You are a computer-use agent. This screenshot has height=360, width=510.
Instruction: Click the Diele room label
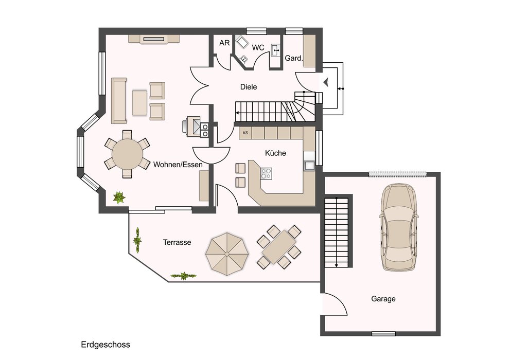pos(249,87)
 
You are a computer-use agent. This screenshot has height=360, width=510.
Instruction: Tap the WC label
pos(258,48)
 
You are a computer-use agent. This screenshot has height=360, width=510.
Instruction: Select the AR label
pos(224,43)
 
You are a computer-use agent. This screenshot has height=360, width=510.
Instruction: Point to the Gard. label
pos(294,58)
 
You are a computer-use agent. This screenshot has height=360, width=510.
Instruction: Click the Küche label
pos(275,153)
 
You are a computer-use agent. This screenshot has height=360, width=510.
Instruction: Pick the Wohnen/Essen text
pos(178,165)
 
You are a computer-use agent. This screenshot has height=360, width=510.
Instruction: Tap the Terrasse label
pos(177,242)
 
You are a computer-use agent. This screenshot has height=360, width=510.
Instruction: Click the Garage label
pos(383,299)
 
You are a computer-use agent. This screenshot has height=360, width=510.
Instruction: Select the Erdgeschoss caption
pos(105,345)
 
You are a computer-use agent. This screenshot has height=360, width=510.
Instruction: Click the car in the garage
pos(399,227)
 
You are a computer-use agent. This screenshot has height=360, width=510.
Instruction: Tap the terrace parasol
pos(227,254)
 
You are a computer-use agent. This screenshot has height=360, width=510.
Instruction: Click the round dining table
pos(127,154)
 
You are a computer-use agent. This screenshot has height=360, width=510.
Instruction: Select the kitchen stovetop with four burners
pos(266,173)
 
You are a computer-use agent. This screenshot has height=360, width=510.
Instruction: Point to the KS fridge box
pos(245,133)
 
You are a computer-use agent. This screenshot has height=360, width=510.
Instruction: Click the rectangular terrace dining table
pos(279,247)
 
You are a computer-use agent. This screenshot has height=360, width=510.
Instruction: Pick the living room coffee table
pos(139,103)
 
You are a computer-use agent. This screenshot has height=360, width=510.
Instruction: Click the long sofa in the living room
pos(119,101)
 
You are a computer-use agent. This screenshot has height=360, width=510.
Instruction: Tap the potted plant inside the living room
pos(119,197)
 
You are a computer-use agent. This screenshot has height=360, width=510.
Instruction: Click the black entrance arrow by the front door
pos(326,82)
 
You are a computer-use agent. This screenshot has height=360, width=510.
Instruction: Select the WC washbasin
pos(275,50)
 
